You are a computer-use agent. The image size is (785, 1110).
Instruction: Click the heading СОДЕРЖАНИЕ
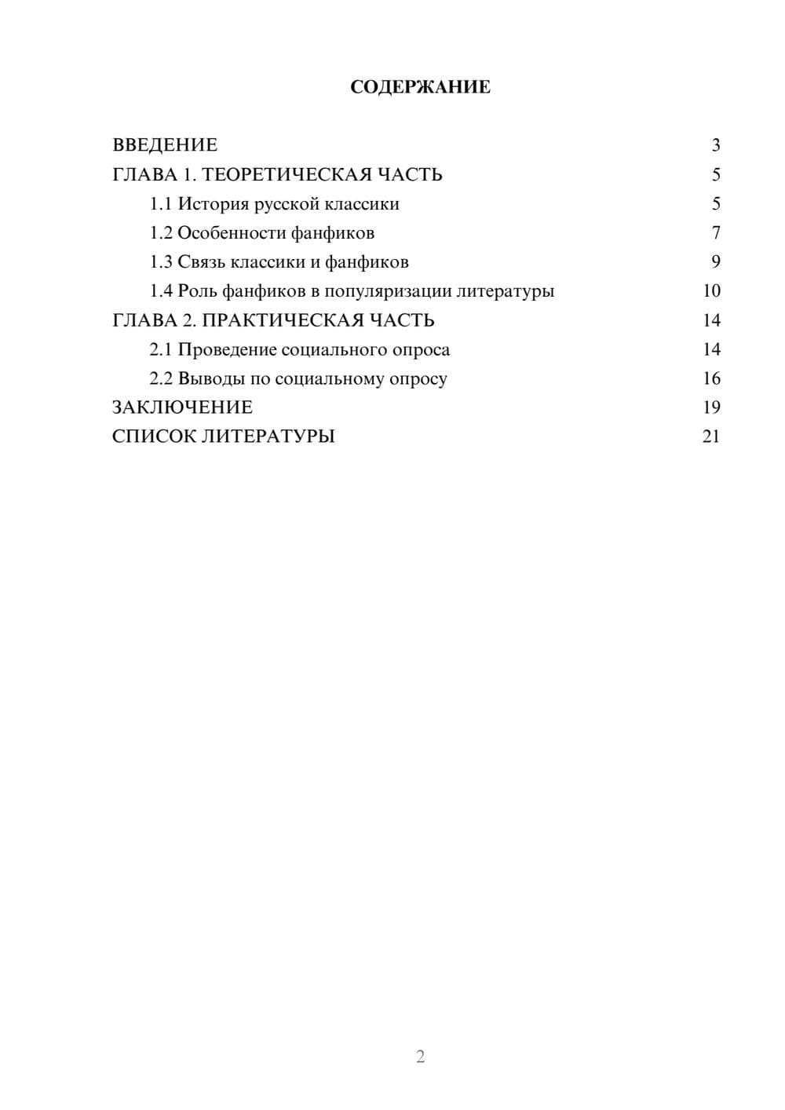[420, 87]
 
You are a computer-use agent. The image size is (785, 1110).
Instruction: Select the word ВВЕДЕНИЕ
[165, 145]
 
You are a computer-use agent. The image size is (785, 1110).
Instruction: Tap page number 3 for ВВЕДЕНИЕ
[715, 145]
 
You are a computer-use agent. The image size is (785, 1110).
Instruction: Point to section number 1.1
[161, 204]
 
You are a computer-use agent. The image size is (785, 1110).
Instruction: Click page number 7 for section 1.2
[715, 233]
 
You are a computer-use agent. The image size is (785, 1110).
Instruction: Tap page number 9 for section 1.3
[715, 262]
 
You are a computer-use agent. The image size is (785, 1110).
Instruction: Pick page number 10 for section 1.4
[711, 291]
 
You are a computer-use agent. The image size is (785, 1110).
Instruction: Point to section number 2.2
[161, 378]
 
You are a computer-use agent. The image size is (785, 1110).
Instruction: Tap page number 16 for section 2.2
[711, 378]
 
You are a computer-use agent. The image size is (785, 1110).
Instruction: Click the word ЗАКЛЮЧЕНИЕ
[182, 407]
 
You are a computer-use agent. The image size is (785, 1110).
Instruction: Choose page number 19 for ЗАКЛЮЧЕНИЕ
[711, 407]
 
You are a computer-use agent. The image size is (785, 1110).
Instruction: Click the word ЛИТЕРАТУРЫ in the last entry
[268, 436]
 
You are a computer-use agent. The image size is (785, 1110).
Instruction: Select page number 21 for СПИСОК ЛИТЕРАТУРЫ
[711, 436]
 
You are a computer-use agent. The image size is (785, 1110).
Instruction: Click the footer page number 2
[420, 1057]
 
